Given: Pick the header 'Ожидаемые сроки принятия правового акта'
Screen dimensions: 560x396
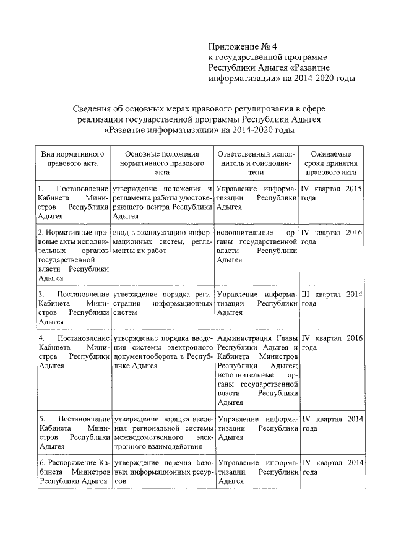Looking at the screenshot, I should click(x=331, y=163).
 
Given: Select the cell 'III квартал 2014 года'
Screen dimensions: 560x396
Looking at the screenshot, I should click(x=331, y=299).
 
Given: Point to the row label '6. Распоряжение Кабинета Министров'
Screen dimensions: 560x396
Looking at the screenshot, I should click(x=74, y=471).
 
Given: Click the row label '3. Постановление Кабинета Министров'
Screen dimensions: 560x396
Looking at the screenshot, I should click(x=74, y=308).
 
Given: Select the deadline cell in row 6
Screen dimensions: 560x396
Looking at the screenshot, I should click(x=331, y=467).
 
